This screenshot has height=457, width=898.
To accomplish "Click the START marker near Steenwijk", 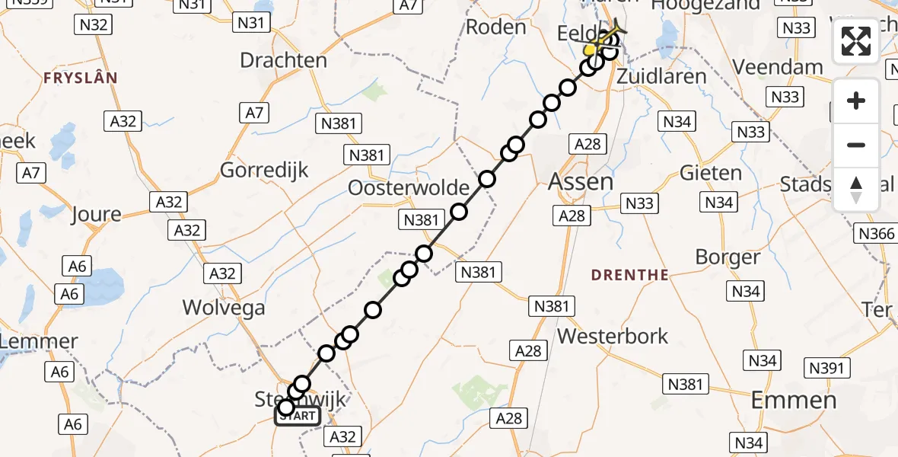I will tap(298, 416).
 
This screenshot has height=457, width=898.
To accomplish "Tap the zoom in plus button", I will tap(856, 101).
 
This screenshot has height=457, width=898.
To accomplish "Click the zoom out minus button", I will tap(856, 145).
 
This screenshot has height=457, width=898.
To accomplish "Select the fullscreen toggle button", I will tap(856, 41).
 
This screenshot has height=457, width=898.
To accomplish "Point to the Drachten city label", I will tap(283, 60).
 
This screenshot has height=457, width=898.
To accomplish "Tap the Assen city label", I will tap(581, 181).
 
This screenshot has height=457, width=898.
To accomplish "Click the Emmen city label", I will tap(794, 400).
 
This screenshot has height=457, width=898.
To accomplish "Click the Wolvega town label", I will tap(224, 308).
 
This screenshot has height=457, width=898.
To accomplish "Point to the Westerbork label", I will tap(613, 336).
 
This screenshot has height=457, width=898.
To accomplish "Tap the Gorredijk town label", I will tap(264, 169).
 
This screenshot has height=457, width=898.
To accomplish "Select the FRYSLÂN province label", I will tap(81, 78).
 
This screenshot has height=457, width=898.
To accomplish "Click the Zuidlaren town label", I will tap(661, 76).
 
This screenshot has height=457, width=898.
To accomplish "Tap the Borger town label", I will tap(728, 257).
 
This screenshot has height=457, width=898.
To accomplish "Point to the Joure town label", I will tap(95, 214).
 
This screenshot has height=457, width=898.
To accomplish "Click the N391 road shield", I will tap(826, 369).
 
